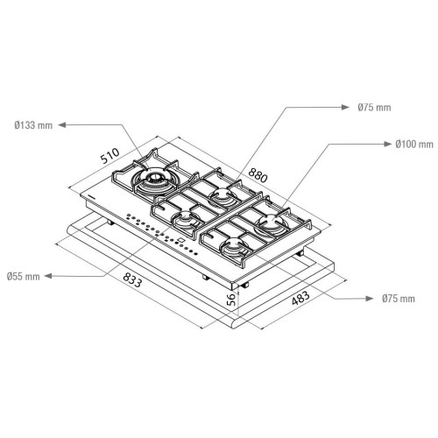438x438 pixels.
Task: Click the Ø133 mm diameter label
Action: pyautogui.click(x=33, y=125)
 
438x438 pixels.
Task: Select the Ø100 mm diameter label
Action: pyautogui.click(x=414, y=144)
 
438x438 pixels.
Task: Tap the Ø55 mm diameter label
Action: pyautogui.click(x=24, y=276)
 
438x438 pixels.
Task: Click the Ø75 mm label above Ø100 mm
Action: pyautogui.click(x=374, y=107)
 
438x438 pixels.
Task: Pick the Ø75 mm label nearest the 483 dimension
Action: pyautogui.click(x=399, y=299)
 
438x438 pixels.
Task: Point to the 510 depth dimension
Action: pyautogui.click(x=109, y=156)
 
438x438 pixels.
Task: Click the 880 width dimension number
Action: pyautogui.click(x=258, y=175)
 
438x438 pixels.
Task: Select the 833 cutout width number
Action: pyautogui.click(x=132, y=279)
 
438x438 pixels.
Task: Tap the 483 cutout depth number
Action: pyautogui.click(x=300, y=298)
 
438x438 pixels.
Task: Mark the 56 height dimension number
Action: pyautogui.click(x=231, y=300)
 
